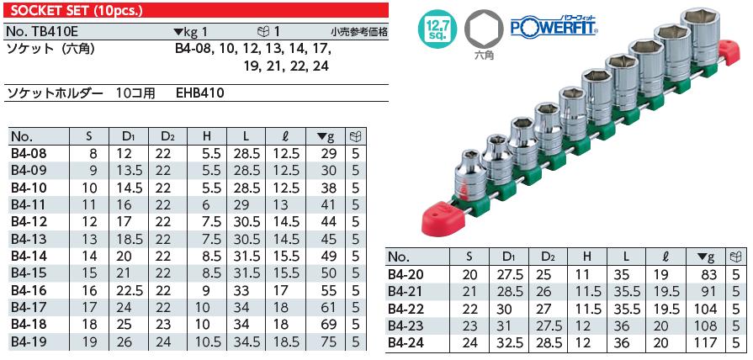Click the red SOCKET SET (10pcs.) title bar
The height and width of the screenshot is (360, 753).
[x=194, y=10]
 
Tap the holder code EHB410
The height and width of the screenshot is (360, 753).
[x=200, y=93]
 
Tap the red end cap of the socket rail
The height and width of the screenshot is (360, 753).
[x=439, y=215]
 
